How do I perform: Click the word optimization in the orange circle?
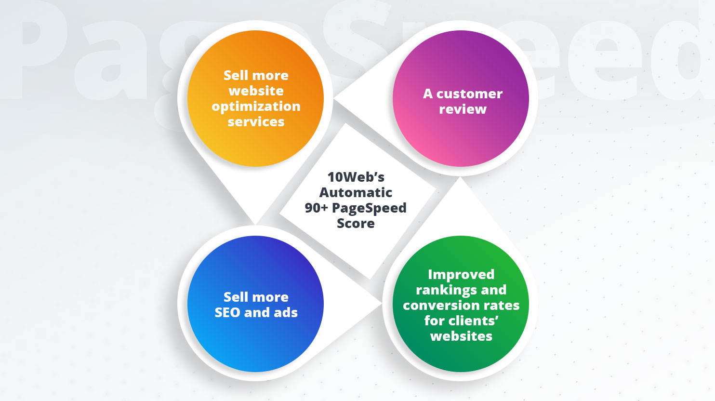(256, 107)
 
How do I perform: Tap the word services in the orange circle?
(256, 122)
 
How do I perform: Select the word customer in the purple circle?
(469, 94)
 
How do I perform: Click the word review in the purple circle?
(463, 109)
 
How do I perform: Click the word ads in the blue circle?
(286, 312)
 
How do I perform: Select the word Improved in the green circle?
(461, 274)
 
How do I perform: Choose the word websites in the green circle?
(461, 336)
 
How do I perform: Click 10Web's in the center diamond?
(356, 177)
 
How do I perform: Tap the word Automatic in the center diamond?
(356, 192)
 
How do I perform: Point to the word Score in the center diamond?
(356, 223)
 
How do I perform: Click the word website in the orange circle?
(256, 91)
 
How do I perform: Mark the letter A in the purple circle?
(428, 94)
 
